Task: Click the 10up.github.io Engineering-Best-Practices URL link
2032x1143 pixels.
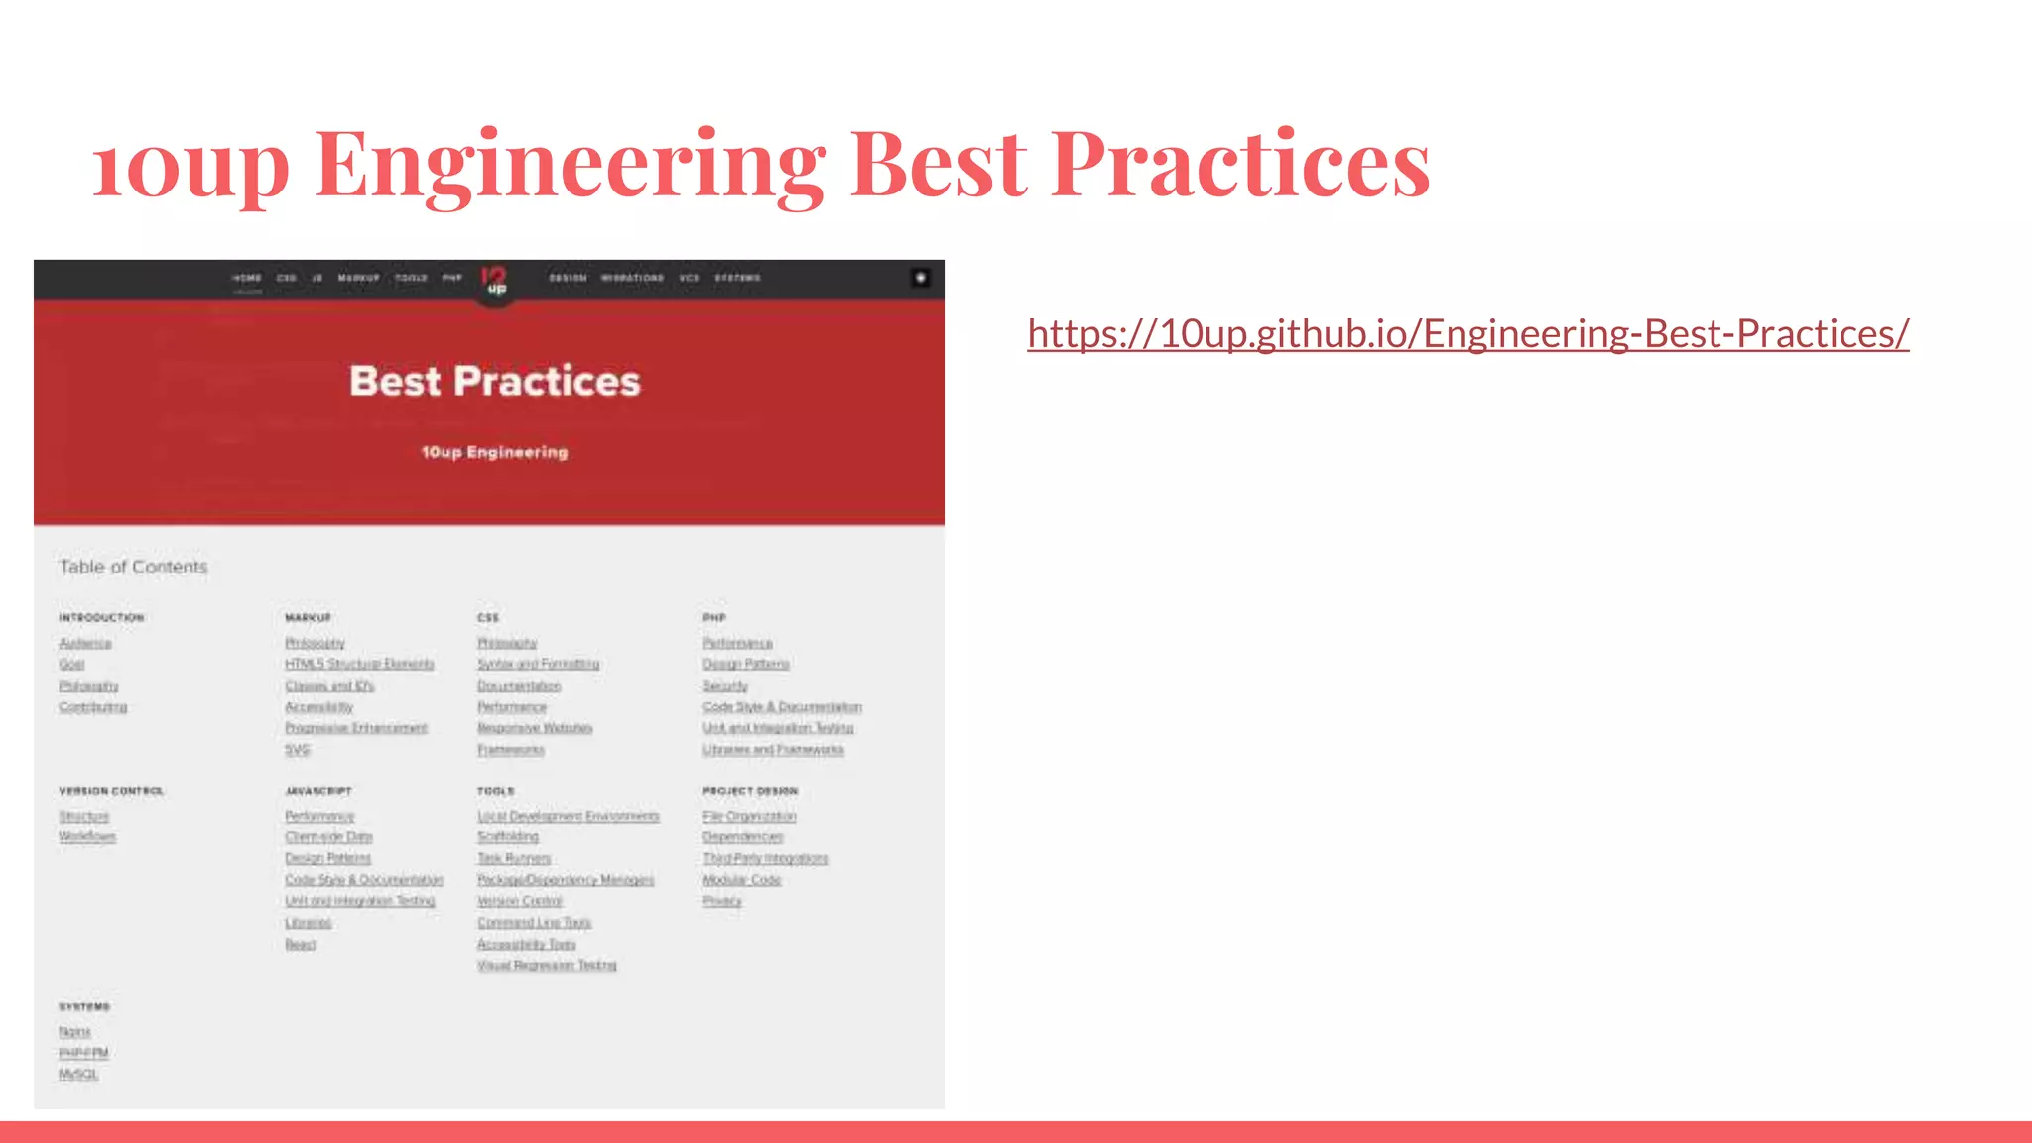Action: [x=1467, y=334]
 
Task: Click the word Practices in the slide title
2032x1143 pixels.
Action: [x=1240, y=164]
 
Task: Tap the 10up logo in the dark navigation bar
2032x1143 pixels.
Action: [x=494, y=280]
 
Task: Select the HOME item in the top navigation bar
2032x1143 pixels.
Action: [x=247, y=278]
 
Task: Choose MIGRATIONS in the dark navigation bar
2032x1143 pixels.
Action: [x=632, y=278]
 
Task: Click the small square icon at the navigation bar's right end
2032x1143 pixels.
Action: [x=920, y=278]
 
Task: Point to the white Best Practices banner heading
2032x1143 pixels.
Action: [x=495, y=381]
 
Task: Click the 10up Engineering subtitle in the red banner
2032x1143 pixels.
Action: [x=494, y=452]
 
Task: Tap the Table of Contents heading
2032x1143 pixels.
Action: [x=133, y=567]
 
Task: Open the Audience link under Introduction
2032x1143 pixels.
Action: [x=85, y=643]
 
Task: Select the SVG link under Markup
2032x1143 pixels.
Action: [x=298, y=750]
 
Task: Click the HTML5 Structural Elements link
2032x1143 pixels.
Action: [x=359, y=664]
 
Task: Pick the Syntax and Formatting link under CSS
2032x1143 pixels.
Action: [x=538, y=664]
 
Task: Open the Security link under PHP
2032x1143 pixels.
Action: [x=725, y=686]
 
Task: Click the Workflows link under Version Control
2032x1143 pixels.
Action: [x=87, y=837]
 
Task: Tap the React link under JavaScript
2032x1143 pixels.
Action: [x=300, y=944]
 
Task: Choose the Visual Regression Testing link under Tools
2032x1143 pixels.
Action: [x=547, y=965]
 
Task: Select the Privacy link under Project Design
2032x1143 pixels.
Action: [x=722, y=901]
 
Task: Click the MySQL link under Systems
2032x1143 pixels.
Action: [x=78, y=1074]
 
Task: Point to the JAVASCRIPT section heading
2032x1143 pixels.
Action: [x=318, y=791]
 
